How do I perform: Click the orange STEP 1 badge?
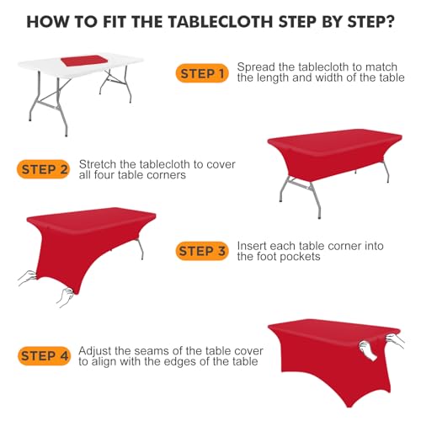click(x=201, y=74)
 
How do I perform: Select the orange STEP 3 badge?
click(x=201, y=250)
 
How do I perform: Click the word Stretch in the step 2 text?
click(x=97, y=163)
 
